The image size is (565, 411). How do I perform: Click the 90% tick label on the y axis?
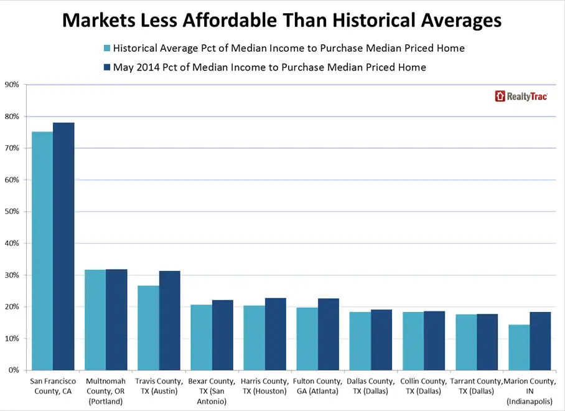pyautogui.click(x=12, y=85)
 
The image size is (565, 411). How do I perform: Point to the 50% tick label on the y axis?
pyautogui.click(x=12, y=212)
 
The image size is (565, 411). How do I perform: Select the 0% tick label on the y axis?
pyautogui.click(x=14, y=371)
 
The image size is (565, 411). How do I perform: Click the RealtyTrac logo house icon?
pyautogui.click(x=500, y=96)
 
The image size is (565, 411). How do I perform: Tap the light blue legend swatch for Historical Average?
pyautogui.click(x=106, y=48)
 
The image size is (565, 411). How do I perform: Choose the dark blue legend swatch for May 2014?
pyautogui.click(x=106, y=67)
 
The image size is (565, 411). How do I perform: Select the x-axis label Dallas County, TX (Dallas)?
pyautogui.click(x=371, y=386)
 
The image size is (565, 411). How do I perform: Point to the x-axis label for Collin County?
pyautogui.click(x=424, y=386)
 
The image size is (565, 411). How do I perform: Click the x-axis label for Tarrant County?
pyautogui.click(x=477, y=386)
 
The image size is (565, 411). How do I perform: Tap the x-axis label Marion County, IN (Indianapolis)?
pyautogui.click(x=530, y=390)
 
